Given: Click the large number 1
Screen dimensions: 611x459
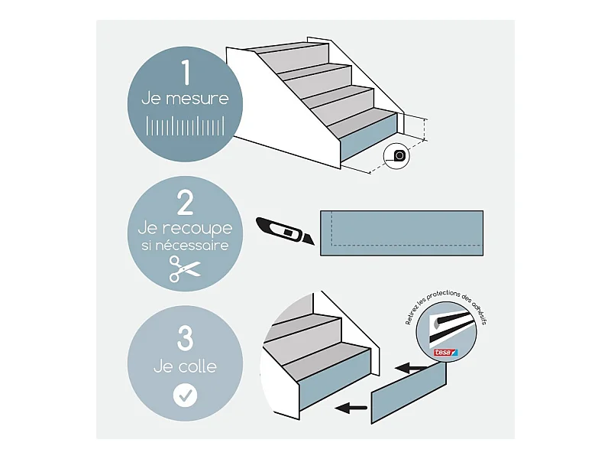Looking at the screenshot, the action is (x=186, y=72).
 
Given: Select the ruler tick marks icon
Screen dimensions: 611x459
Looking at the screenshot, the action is (x=185, y=125).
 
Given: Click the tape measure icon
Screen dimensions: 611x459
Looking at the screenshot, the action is (x=396, y=156).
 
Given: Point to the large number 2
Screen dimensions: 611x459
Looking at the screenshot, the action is (x=185, y=203).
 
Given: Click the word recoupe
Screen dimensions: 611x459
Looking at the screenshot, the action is (x=197, y=229).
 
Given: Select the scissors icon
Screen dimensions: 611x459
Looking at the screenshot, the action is (x=185, y=269).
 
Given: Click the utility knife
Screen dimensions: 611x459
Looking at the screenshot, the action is (x=285, y=231).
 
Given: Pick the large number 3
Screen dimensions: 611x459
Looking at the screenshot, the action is (x=185, y=338).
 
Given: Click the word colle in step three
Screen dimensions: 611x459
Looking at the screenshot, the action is (x=196, y=366).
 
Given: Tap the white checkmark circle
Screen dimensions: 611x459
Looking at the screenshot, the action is (x=185, y=396).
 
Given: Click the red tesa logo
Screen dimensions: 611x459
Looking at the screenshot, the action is (x=446, y=353).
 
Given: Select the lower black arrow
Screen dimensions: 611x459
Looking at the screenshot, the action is (x=351, y=409).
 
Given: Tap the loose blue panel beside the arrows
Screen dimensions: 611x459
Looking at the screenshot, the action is (x=409, y=392).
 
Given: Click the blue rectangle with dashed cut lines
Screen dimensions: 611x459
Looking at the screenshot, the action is (x=402, y=233).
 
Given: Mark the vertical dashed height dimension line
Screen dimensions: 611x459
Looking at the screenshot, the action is (x=425, y=129).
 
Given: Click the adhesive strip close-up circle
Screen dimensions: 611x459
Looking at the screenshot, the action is (x=446, y=332).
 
